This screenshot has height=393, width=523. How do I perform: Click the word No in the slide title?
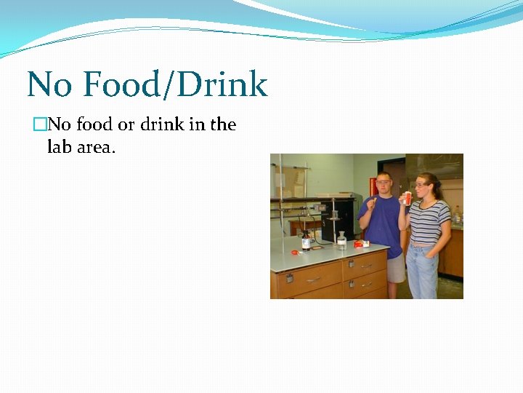tap(50, 85)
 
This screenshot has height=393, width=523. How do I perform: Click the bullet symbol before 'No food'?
tap(39, 125)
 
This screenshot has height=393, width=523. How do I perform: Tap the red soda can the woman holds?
tap(408, 198)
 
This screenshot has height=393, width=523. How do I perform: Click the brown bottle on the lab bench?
tap(307, 240)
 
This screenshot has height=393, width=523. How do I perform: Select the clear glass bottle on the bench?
tap(341, 241)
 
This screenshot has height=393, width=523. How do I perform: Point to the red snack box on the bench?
tap(360, 244)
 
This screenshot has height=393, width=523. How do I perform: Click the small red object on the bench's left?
tap(295, 253)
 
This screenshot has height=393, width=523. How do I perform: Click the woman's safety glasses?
tap(420, 185)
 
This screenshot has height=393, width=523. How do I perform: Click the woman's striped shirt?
tap(428, 223)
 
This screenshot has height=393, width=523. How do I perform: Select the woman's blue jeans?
tap(422, 271)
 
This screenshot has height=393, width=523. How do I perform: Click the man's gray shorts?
tap(395, 270)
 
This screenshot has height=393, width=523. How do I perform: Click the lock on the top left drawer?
tap(288, 278)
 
